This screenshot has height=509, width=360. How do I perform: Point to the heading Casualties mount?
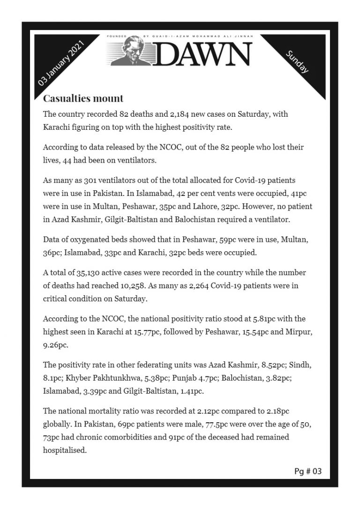[x=83, y=98]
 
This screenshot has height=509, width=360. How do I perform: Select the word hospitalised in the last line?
[x=65, y=451]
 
